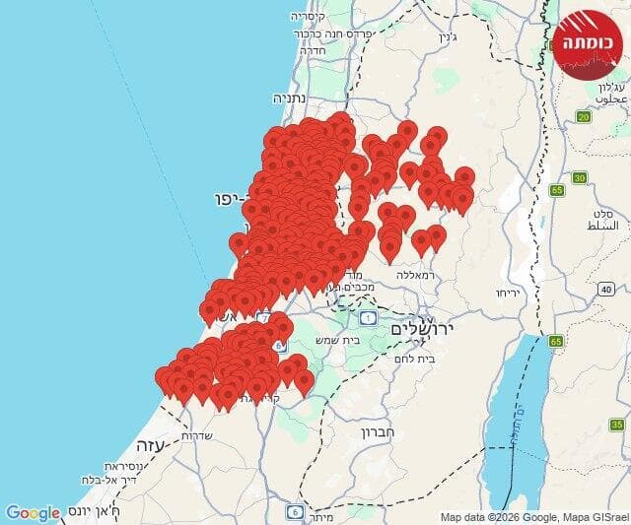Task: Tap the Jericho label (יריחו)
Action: tap(508, 294)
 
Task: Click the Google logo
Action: tap(33, 512)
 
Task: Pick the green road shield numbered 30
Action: tap(579, 177)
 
